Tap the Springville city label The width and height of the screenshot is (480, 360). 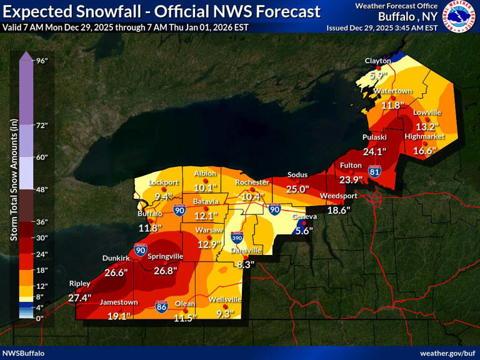[x=166, y=256]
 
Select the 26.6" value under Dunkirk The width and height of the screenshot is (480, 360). [x=116, y=272]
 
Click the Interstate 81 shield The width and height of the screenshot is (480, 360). [x=374, y=171]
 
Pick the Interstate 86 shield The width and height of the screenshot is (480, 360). [x=162, y=306]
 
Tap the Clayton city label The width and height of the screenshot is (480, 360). [x=377, y=61]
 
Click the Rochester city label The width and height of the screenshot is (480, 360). [x=252, y=182]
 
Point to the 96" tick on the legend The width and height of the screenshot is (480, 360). [x=42, y=61]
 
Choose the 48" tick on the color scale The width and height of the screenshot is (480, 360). [x=42, y=189]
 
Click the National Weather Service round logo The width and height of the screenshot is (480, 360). [x=461, y=17]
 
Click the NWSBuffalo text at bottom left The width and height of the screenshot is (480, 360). [x=23, y=354]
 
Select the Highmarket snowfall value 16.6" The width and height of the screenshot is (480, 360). [x=424, y=150]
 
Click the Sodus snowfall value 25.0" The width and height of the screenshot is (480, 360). [x=298, y=189]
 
